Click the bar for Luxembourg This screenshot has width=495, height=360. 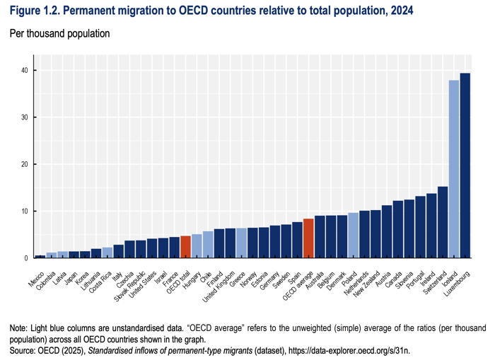point(465,166)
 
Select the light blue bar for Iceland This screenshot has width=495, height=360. point(453,169)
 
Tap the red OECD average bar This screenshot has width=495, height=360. point(308,238)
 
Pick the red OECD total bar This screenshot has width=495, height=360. point(185,247)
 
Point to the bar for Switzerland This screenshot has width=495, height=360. point(443,222)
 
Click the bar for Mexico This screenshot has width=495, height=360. point(40,257)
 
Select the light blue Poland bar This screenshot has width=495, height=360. point(353,236)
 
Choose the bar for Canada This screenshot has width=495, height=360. point(397,229)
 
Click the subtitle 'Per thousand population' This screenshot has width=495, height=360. point(59,33)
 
